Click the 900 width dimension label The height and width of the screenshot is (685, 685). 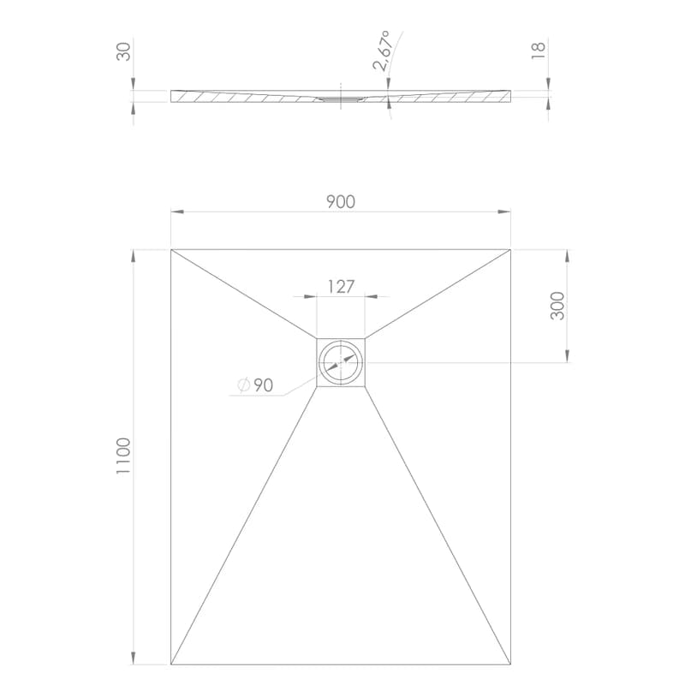click(x=341, y=202)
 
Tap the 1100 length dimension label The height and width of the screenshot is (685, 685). click(x=123, y=456)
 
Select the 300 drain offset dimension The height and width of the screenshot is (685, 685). click(x=557, y=306)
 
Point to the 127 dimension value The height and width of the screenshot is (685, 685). click(x=341, y=287)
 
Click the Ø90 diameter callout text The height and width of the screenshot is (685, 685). click(x=255, y=384)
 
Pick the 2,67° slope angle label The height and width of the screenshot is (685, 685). click(x=382, y=51)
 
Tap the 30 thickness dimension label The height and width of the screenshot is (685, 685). click(x=123, y=51)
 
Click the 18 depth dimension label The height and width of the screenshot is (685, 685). click(x=539, y=51)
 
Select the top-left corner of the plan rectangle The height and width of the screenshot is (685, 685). click(x=170, y=249)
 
